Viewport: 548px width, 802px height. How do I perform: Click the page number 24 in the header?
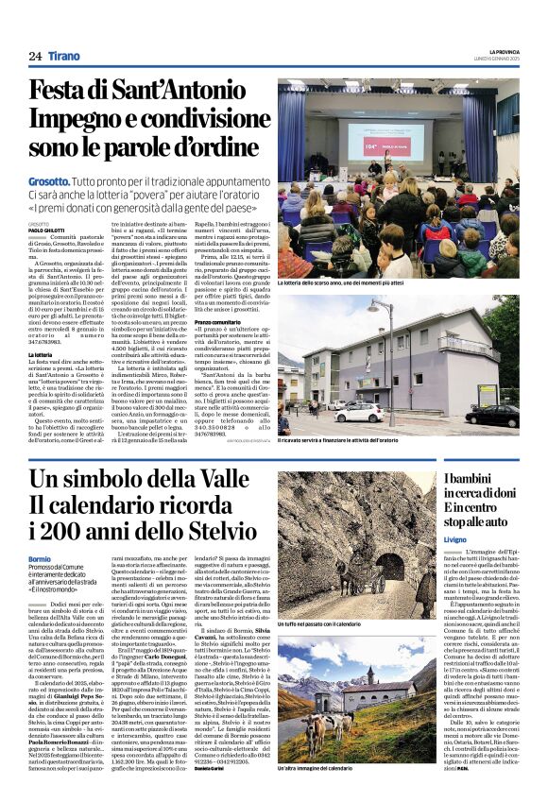[35, 56]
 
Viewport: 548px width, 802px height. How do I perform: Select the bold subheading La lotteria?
[42, 353]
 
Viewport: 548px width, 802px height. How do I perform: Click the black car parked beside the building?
[490, 416]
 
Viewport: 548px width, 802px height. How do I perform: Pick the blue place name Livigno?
[458, 565]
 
